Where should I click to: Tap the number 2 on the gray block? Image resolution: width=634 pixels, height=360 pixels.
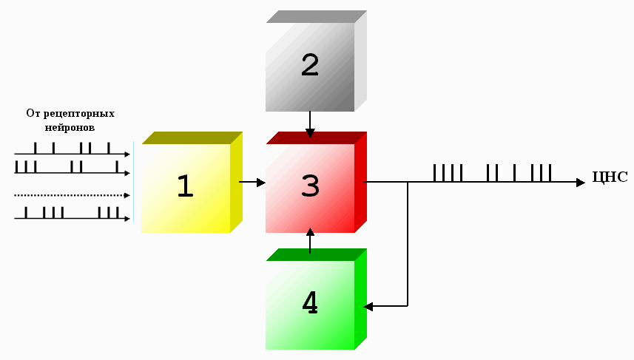(310, 66)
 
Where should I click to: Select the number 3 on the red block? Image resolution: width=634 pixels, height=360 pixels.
(310, 186)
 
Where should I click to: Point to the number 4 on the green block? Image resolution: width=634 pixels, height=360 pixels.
(310, 302)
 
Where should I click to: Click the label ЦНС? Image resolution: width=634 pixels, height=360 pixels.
(610, 177)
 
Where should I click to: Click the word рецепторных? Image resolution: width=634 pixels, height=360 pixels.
(80, 114)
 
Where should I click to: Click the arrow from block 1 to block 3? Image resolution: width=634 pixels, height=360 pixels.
(252, 182)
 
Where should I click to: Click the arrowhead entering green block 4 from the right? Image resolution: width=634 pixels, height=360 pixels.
(368, 305)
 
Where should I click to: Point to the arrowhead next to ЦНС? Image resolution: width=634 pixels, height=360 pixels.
(581, 182)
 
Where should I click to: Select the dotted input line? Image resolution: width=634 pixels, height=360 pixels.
(70, 195)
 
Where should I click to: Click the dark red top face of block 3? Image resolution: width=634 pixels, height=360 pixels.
(316, 137)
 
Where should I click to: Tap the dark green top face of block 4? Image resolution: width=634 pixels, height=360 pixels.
(316, 254)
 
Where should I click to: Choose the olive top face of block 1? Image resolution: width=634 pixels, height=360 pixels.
(192, 137)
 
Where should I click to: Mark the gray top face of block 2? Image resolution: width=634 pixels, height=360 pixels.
(316, 16)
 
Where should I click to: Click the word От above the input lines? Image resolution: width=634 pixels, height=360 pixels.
(33, 114)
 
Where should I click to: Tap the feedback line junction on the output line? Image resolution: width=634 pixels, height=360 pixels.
(408, 182)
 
